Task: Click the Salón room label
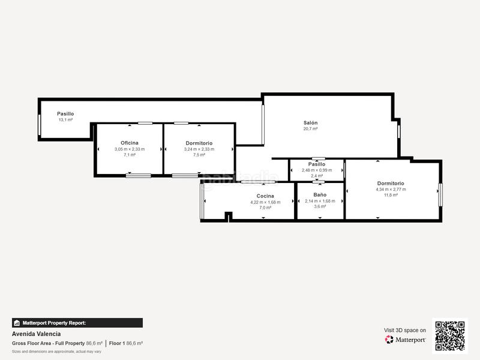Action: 310,122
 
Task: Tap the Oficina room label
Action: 130,143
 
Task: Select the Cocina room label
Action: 265,196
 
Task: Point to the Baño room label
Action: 320,195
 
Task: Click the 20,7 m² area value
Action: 310,129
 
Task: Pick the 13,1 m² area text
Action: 65,120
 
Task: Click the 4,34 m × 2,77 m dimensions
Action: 391,190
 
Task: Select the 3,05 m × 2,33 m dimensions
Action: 130,149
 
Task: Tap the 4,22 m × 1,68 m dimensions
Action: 265,202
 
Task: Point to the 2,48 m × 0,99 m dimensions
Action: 317,170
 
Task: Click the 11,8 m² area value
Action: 391,195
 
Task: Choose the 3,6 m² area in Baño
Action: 320,206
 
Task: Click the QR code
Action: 449,335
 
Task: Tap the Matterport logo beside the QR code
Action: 406,339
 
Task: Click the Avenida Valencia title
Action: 36,334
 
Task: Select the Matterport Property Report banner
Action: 77,323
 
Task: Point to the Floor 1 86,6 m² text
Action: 125,343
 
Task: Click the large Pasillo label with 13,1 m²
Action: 65,113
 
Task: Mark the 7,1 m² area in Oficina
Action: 130,155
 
